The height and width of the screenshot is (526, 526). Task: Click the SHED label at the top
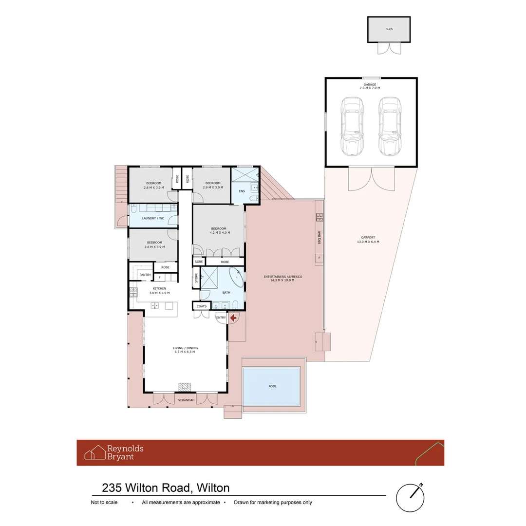click(x=389, y=29)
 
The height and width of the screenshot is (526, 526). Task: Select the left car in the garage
click(x=352, y=126)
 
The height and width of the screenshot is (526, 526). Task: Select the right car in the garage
click(x=389, y=126)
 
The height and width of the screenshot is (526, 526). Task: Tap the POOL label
click(x=272, y=386)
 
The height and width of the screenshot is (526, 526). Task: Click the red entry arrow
click(x=233, y=318)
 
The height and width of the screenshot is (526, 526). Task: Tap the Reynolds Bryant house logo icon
click(x=95, y=452)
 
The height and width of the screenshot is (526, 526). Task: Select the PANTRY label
click(x=145, y=275)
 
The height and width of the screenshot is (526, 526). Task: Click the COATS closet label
click(x=202, y=306)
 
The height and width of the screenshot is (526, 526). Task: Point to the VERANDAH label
click(x=186, y=400)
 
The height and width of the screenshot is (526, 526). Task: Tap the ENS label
click(x=242, y=191)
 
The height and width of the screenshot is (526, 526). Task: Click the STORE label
click(x=196, y=279)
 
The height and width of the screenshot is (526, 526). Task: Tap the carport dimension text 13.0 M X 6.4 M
click(x=368, y=242)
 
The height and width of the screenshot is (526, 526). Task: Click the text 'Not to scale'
click(x=104, y=503)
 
